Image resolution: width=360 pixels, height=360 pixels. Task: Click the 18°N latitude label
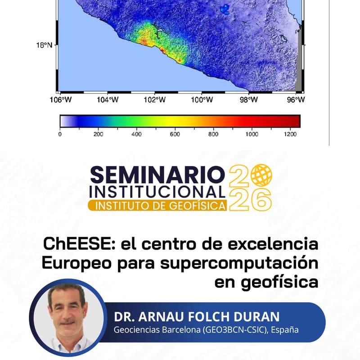click(45, 45)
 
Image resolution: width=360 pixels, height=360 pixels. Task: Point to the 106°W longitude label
click(62, 100)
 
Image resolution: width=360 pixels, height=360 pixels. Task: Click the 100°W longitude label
click(201, 100)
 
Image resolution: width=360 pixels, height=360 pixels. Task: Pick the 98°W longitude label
click(248, 100)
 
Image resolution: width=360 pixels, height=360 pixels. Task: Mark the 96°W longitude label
click(295, 100)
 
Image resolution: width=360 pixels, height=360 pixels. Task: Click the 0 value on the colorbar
click(60, 134)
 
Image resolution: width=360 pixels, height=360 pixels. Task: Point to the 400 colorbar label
click(137, 134)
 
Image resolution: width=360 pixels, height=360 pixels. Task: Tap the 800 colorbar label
click(213, 134)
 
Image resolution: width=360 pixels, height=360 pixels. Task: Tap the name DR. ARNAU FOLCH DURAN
click(197, 316)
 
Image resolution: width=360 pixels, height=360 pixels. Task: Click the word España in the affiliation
click(285, 330)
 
